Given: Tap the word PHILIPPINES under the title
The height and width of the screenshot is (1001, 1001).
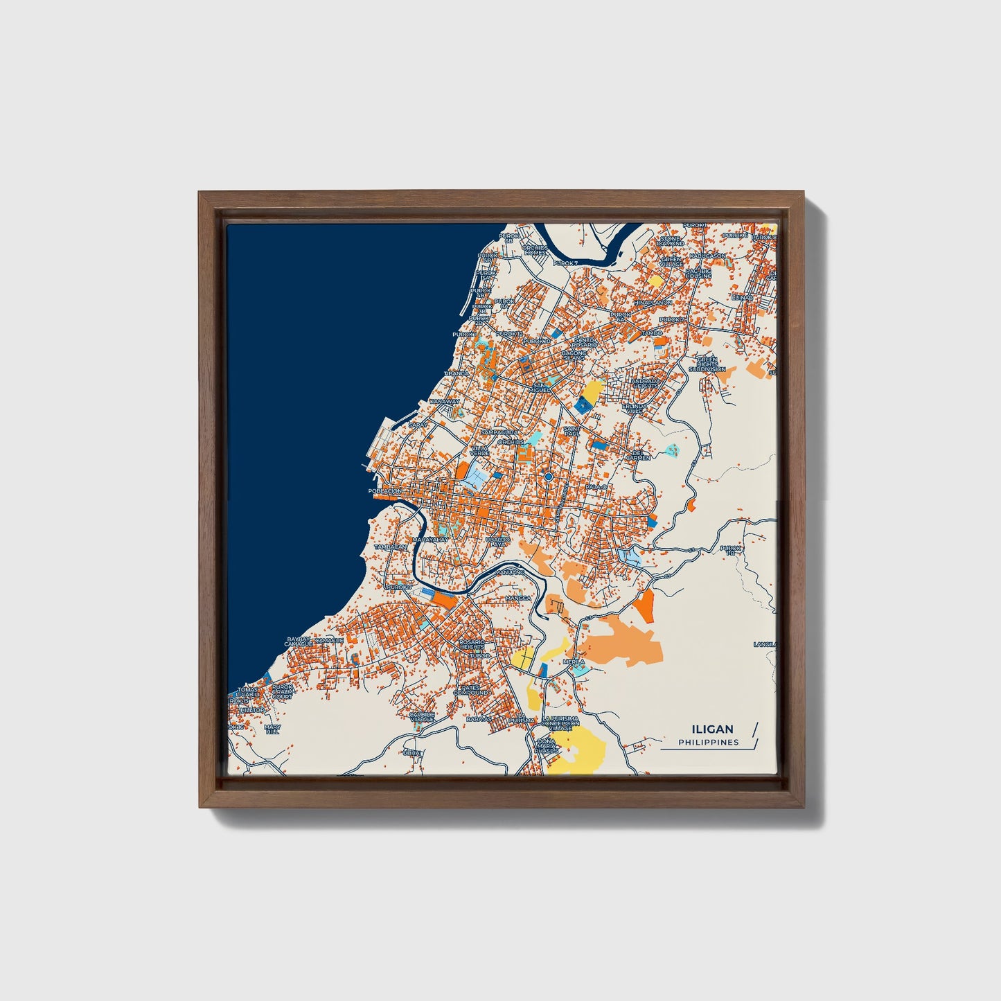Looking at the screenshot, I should tap(708, 742).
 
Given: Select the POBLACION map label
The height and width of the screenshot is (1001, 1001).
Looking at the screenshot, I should tap(384, 490).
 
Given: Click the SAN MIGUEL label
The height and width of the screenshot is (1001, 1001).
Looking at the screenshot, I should tap(539, 387).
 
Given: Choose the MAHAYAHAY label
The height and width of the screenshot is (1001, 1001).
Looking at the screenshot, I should tap(430, 539).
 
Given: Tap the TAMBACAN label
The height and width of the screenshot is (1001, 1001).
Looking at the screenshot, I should tap(391, 547).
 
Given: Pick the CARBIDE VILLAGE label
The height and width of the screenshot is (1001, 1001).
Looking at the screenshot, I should tap(421, 716).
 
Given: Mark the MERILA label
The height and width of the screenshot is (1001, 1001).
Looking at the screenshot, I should tap(574, 662).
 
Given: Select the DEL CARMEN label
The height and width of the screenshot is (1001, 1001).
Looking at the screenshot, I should tap(638, 455).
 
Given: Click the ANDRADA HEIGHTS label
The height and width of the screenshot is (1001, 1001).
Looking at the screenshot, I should tap(646, 383).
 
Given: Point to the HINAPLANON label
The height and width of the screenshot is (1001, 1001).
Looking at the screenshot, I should tap(652, 303).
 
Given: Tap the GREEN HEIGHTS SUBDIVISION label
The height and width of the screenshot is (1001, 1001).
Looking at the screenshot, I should tap(707, 364).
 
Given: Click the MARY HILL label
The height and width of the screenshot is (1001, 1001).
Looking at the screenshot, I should tap(272, 729).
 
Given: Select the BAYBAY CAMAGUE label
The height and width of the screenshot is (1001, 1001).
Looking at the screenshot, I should tap(299, 641).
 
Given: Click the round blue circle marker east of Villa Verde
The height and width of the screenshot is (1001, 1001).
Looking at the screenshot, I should tap(548, 477).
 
